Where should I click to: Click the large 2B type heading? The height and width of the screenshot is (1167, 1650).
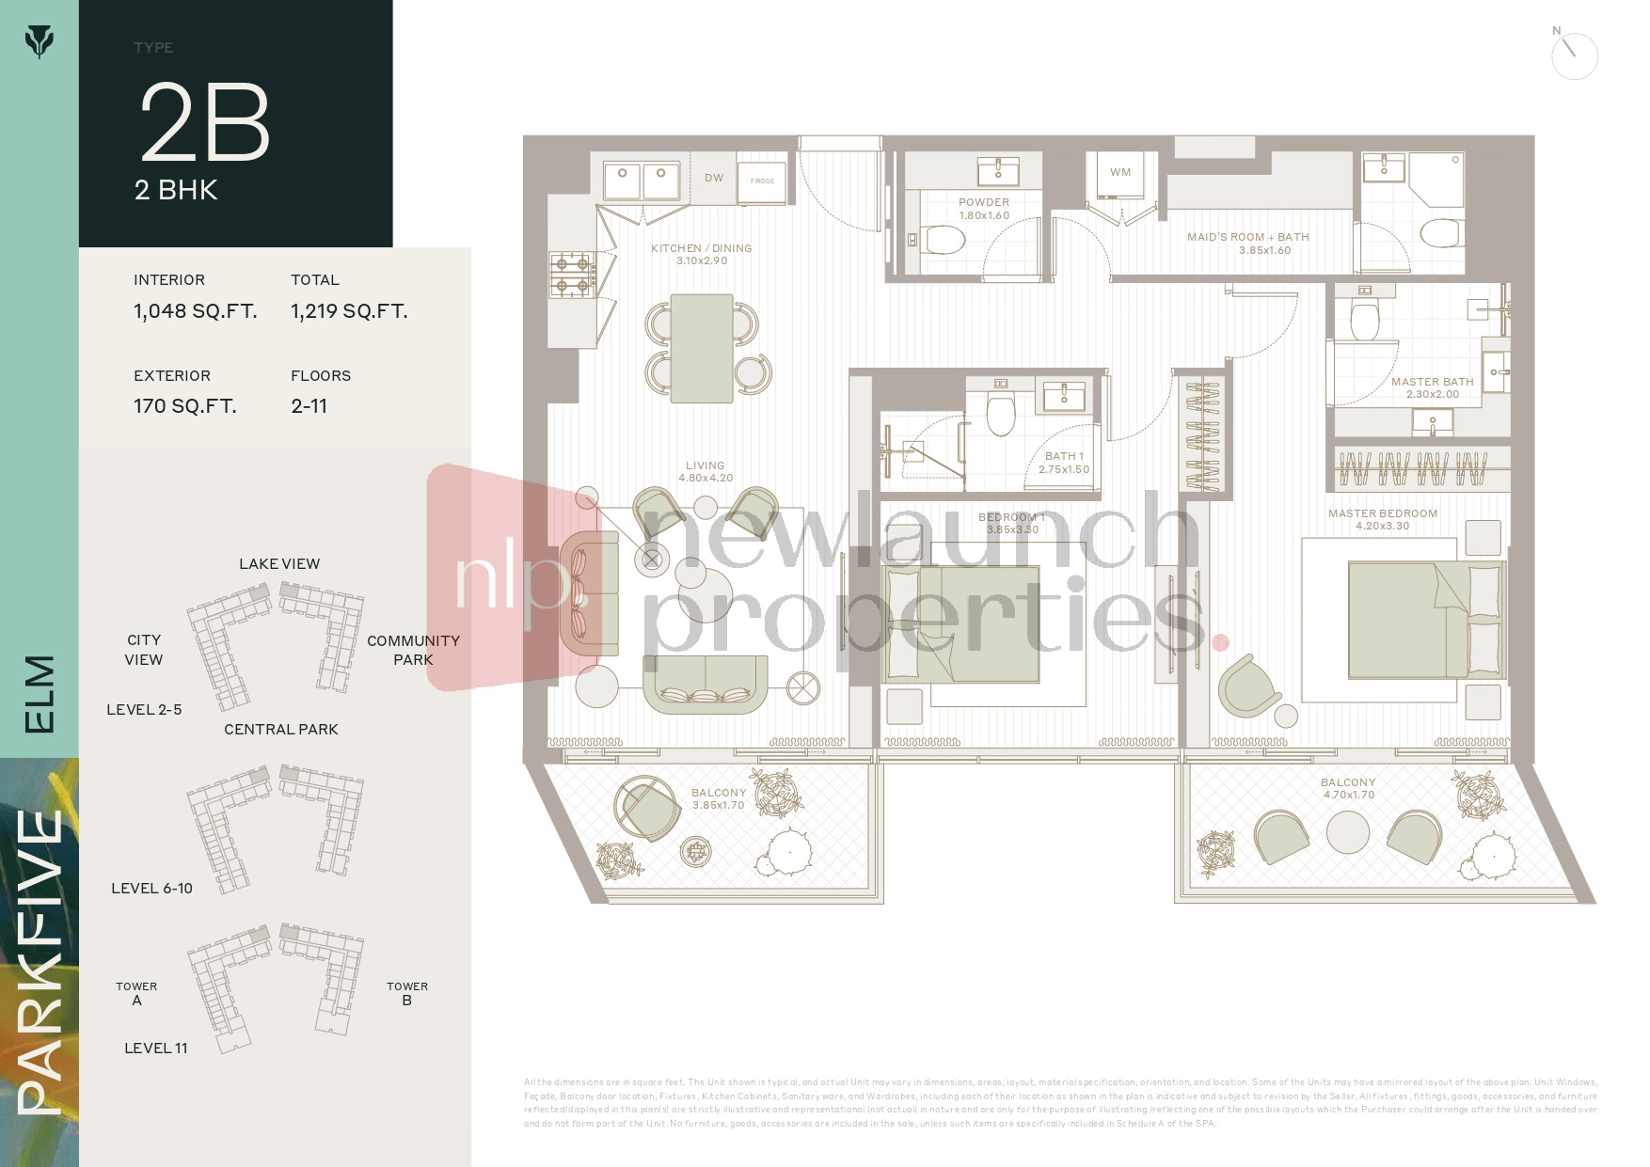point(205,122)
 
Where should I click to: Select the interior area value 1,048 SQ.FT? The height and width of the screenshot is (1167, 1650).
point(195,311)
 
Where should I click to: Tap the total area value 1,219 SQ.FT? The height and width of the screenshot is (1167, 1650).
point(349,311)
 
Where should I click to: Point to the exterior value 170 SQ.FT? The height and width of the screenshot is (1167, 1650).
point(184,406)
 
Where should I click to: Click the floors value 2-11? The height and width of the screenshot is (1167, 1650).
point(309,406)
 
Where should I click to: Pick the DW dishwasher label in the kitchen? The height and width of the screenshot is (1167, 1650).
point(714,178)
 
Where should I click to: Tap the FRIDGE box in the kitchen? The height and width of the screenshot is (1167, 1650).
point(762,180)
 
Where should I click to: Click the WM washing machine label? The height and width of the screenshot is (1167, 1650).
point(1119,172)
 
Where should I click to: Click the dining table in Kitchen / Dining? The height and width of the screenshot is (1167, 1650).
point(702,348)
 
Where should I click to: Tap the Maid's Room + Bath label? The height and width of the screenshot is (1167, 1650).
point(1247,237)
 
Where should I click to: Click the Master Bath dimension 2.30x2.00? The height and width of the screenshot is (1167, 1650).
point(1433,394)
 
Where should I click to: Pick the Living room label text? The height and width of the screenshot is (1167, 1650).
point(705,465)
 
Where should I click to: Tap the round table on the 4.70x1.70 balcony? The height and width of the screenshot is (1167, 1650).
point(1347,832)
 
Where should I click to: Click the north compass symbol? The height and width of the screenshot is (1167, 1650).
point(1573,55)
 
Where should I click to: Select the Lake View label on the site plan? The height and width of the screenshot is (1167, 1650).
point(279,564)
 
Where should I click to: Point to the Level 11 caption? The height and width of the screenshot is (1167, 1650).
point(156,1048)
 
